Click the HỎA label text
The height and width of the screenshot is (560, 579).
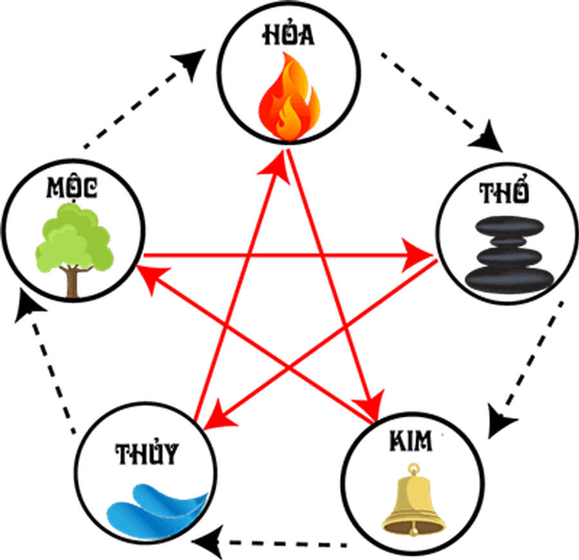(x=288, y=37)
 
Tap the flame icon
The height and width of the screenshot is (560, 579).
(x=289, y=96)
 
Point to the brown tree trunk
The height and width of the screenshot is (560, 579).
(x=72, y=283)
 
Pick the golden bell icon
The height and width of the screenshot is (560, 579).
(x=413, y=498)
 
